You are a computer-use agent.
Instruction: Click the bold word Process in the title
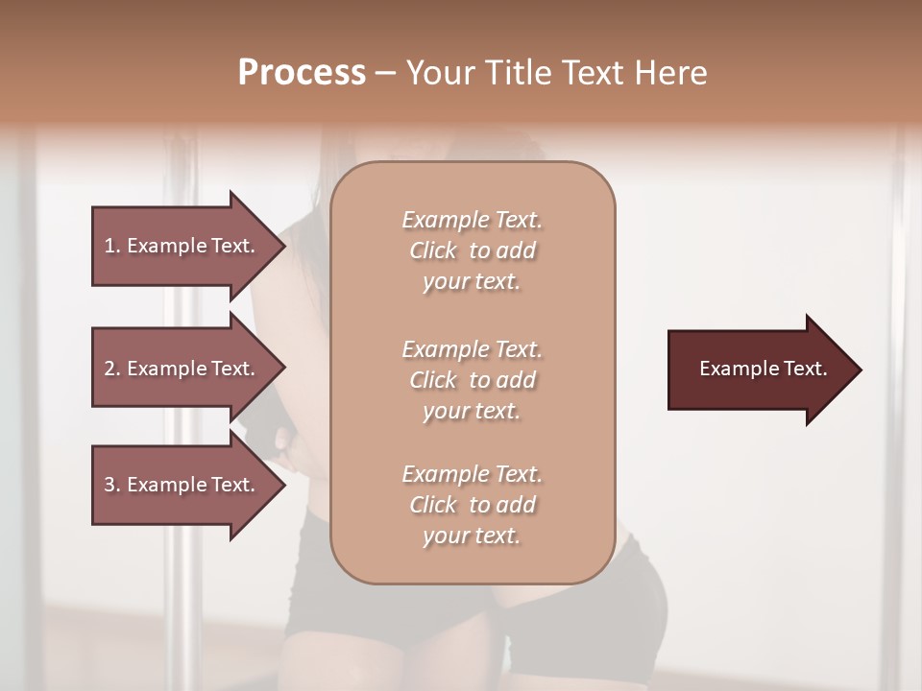click(x=302, y=73)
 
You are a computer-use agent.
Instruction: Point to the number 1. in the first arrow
click(x=112, y=246)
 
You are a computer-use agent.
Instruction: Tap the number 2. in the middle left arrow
click(x=112, y=369)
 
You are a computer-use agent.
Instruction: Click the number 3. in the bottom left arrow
click(x=112, y=485)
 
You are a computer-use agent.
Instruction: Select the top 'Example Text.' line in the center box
click(x=473, y=220)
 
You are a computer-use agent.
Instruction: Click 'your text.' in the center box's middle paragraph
click(x=472, y=411)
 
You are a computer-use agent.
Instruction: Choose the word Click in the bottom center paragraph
click(x=432, y=505)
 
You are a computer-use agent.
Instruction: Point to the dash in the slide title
click(x=386, y=73)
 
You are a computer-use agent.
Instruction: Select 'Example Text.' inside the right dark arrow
click(x=763, y=369)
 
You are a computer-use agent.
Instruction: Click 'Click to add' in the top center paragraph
click(x=473, y=250)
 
